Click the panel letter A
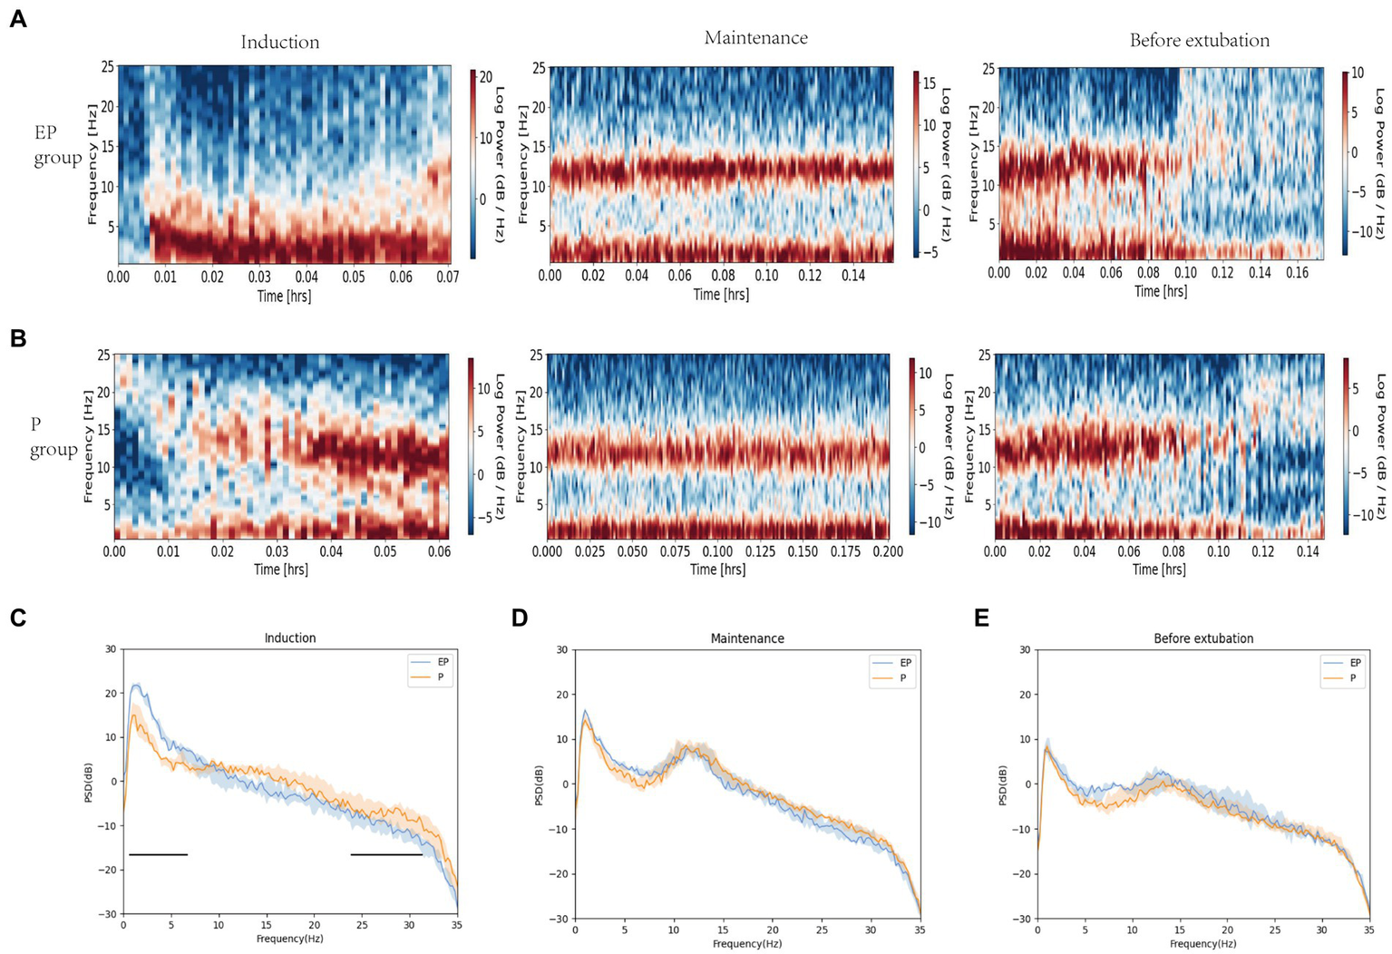pyautogui.click(x=17, y=18)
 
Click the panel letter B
pyautogui.click(x=17, y=338)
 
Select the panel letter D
pyautogui.click(x=520, y=618)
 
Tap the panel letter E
pyautogui.click(x=981, y=618)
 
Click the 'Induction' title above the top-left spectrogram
pyautogui.click(x=279, y=42)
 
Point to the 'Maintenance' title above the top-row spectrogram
pyautogui.click(x=755, y=38)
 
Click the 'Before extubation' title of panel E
pyautogui.click(x=1203, y=638)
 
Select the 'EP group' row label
pyautogui.click(x=56, y=145)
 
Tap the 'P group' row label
pyautogui.click(x=53, y=437)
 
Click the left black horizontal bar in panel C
pyautogui.click(x=158, y=854)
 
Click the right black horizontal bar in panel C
pyautogui.click(x=386, y=854)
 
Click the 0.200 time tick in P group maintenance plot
pyautogui.click(x=888, y=551)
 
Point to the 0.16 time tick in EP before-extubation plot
pyautogui.click(x=1297, y=273)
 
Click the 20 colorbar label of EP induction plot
pyautogui.click(x=486, y=78)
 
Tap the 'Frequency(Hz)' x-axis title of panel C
pyautogui.click(x=289, y=939)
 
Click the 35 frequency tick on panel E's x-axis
pyautogui.click(x=1368, y=930)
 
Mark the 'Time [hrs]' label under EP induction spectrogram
pyautogui.click(x=284, y=296)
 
